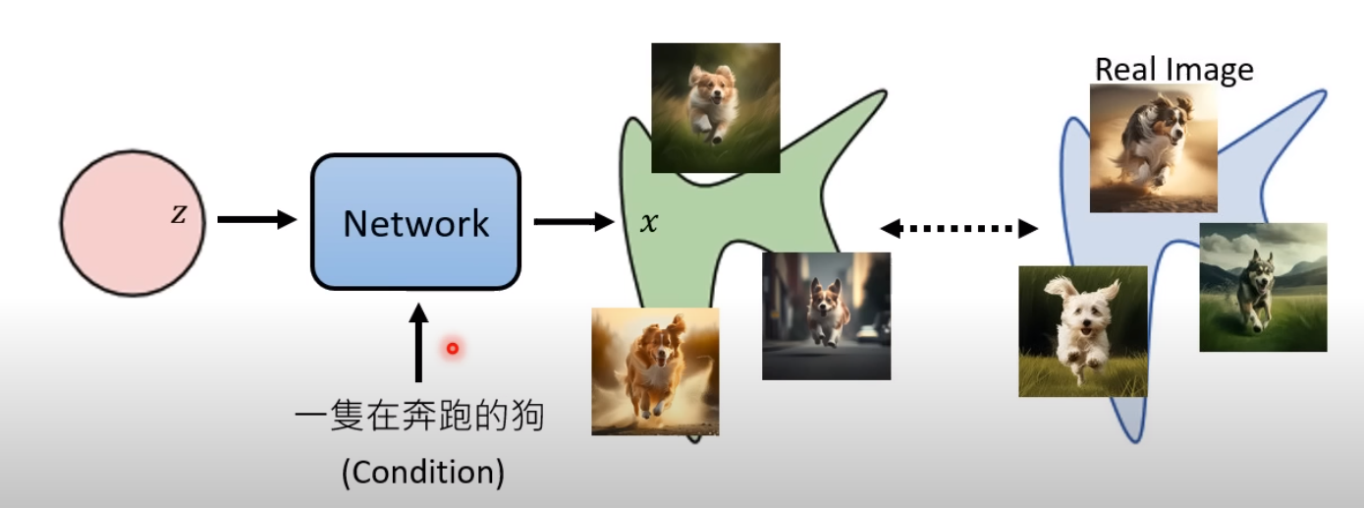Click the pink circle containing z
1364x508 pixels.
point(133,221)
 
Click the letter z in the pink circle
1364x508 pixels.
point(178,215)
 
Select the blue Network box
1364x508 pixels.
point(415,222)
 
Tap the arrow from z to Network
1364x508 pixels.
point(255,220)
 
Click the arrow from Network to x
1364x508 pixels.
point(573,222)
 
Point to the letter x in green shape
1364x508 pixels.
point(648,223)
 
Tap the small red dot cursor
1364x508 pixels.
point(453,348)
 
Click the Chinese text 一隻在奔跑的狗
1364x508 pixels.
point(419,420)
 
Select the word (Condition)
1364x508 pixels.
point(422,474)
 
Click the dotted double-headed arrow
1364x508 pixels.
point(958,229)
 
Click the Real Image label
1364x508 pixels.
point(1173,70)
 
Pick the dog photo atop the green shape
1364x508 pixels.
point(716,107)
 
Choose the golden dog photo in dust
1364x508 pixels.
point(655,371)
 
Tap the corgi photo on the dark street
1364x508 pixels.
point(826,315)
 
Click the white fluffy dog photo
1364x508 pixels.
point(1082,330)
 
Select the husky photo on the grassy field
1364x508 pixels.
point(1263,287)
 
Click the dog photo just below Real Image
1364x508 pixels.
point(1154,147)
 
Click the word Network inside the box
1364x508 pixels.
point(415,223)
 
